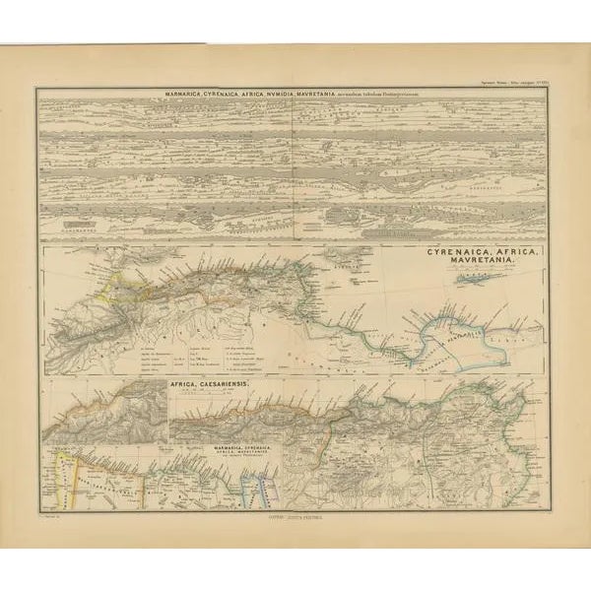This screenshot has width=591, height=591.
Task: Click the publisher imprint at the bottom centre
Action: click(x=295, y=514)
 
